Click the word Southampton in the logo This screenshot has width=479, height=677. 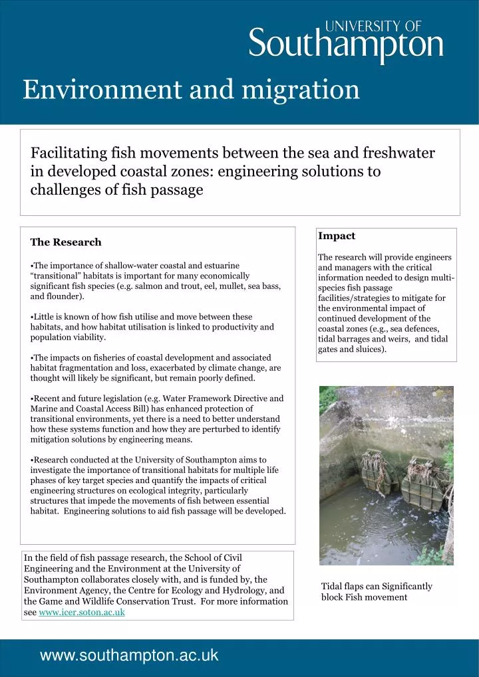(x=346, y=45)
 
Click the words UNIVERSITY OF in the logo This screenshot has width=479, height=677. (x=373, y=26)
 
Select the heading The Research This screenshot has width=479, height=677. (x=66, y=242)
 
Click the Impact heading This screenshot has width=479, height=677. (x=337, y=236)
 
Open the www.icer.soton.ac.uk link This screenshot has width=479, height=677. (x=82, y=612)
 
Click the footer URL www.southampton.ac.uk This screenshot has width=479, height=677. (x=129, y=656)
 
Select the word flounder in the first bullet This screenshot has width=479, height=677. (x=65, y=296)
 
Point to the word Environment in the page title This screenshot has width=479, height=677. (x=103, y=89)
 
